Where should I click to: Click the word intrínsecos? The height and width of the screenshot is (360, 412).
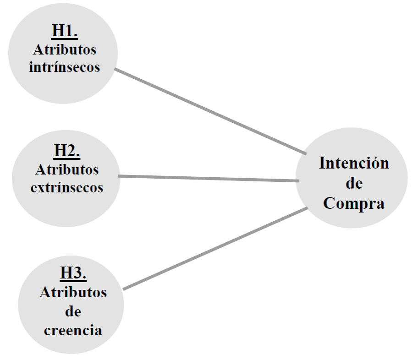(64, 67)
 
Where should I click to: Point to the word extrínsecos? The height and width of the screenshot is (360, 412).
(67, 187)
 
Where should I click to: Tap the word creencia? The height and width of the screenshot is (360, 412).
(73, 330)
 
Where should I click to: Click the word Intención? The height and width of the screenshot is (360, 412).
(353, 164)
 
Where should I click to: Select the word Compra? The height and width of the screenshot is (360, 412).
(353, 203)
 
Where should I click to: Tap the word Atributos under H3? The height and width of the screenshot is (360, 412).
(73, 293)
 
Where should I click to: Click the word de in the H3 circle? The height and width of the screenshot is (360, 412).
(73, 312)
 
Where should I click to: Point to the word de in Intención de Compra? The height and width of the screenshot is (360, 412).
(353, 184)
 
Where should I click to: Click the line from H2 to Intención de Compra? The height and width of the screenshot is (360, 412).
(209, 179)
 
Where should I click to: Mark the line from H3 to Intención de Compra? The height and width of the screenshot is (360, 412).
(215, 248)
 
